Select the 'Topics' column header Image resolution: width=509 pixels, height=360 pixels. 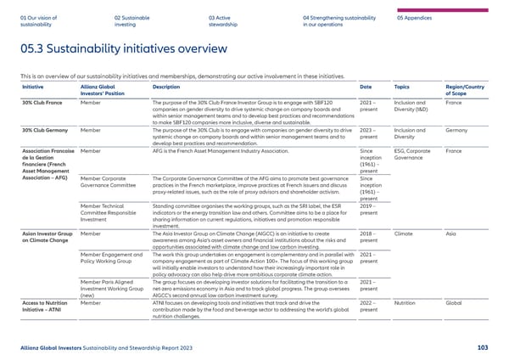(403, 88)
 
